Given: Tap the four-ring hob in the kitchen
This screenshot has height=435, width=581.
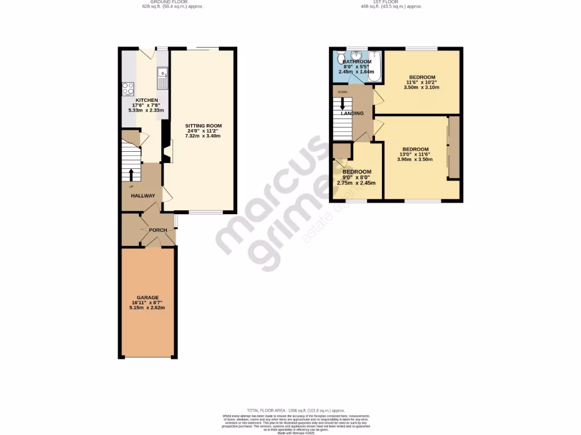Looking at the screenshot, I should [128, 88].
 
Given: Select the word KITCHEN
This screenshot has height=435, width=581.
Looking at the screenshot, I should [146, 100].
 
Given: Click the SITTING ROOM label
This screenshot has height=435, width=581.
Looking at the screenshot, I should [204, 126].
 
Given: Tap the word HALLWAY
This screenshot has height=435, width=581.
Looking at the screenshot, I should [143, 196].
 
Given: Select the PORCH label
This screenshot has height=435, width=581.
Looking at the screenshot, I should [158, 230].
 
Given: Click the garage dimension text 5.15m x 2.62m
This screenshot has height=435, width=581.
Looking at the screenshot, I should [147, 308].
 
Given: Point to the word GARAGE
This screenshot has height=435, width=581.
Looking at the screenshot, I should [147, 297].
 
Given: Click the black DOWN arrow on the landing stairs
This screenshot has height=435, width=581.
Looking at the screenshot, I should [342, 105].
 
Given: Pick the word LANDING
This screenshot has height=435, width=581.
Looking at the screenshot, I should [352, 113].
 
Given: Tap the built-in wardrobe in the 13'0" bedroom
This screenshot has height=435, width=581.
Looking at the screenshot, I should [453, 148].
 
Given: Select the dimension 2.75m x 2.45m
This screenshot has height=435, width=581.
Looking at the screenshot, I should [356, 183].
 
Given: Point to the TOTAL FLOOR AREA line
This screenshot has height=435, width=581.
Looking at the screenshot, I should [296, 410].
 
